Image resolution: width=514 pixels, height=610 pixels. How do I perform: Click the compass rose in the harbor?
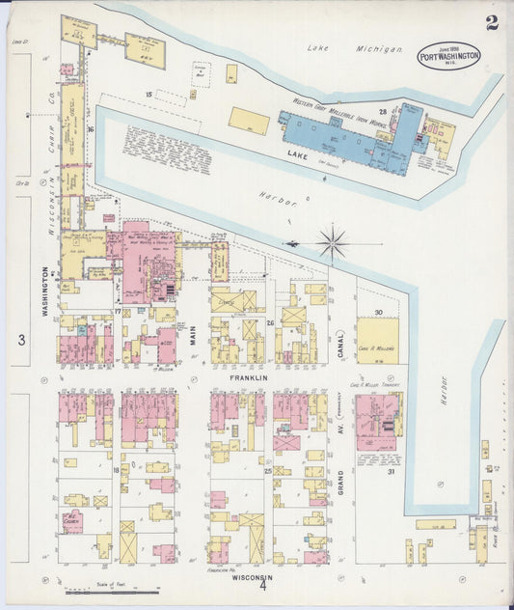pos(333,241)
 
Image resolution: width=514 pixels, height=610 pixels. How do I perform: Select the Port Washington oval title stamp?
pos(449,58)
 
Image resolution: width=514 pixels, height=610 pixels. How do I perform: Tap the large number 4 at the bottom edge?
pos(260,586)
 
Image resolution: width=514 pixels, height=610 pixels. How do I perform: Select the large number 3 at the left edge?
pos(19,340)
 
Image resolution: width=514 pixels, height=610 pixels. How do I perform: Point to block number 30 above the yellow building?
pos(379,312)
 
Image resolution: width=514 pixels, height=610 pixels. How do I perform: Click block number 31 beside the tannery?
pos(392,470)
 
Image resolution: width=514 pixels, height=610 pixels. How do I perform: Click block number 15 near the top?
pos(149,94)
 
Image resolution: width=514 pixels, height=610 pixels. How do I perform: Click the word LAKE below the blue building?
pos(298,152)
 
